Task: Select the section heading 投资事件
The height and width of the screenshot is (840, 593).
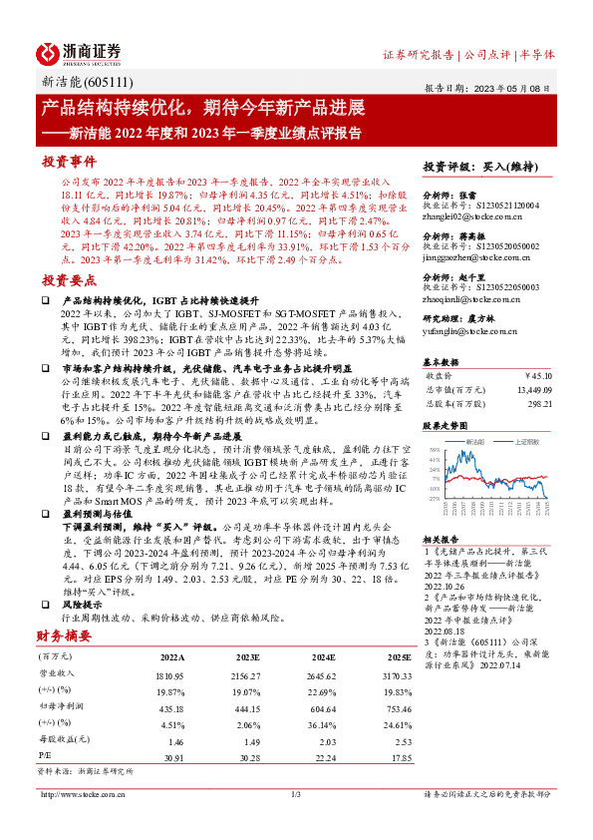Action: (x=68, y=161)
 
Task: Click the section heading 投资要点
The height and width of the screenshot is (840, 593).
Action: (x=68, y=282)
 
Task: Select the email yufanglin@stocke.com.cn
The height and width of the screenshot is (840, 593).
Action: (x=462, y=330)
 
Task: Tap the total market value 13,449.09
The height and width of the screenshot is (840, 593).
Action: (x=529, y=390)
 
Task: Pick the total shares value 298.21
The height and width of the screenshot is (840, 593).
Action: (x=536, y=404)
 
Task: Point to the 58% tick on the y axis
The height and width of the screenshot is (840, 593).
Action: (x=435, y=450)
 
